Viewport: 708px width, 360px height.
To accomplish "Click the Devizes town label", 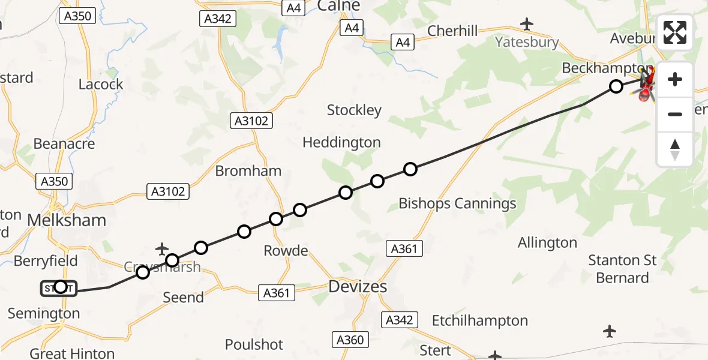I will coord(358,287).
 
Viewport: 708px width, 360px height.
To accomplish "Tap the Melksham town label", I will coord(67,220).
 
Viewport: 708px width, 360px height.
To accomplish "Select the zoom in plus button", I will coord(675,80).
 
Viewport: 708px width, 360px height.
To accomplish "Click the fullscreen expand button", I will coord(675,32).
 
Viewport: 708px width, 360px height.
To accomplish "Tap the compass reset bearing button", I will coord(675,149).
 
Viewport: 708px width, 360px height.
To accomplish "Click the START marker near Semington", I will coord(59,288).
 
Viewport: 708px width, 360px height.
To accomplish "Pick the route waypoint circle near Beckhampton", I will coord(616,86).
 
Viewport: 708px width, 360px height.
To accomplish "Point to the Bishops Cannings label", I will coord(457,203).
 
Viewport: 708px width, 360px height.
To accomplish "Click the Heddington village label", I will coord(341,142).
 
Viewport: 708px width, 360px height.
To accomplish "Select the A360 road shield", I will coord(350,340).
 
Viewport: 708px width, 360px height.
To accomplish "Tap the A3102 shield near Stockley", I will coord(252,121).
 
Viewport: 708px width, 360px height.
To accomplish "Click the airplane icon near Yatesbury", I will coord(527,24).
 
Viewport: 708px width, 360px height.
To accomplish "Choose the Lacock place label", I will coord(101,84).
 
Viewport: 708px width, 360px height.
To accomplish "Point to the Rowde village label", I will coord(286,250).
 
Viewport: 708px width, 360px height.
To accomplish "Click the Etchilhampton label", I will coord(480,320).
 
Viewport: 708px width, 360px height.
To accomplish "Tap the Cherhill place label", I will coord(452,31).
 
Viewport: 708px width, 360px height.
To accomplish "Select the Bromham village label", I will coord(248,170).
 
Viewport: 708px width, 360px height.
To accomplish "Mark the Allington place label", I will coord(547,243).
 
